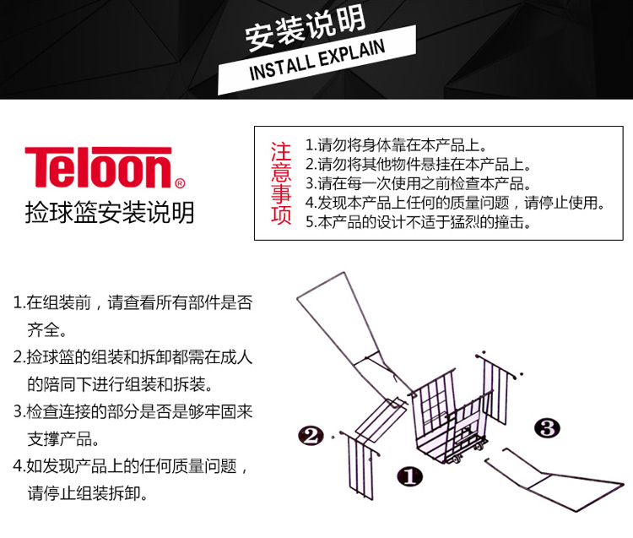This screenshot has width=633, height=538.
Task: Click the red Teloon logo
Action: point(98,168)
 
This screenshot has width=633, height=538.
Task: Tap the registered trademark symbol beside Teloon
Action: point(179,182)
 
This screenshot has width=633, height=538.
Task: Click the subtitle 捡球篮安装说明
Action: point(110,212)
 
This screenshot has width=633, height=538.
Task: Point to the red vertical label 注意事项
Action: point(280,184)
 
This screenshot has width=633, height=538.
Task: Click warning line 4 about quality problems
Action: point(455,204)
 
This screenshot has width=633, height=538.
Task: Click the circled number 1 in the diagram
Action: point(409,476)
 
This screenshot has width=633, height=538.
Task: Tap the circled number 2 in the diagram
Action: point(311,436)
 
